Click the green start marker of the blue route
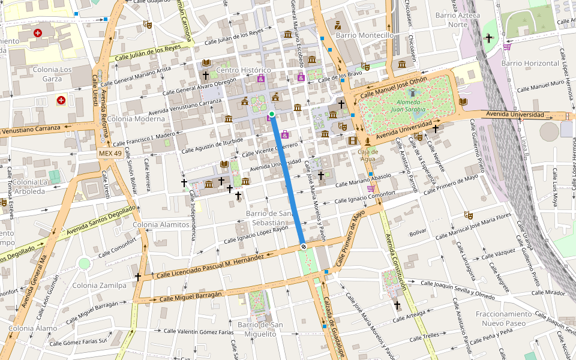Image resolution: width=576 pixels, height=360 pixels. point(272,114)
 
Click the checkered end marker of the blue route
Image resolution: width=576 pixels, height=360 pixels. point(304,246)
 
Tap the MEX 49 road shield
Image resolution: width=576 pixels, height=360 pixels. point(110,154)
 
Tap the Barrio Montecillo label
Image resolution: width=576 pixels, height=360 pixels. point(365,35)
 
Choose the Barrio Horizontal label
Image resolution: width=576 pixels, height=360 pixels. point(530,63)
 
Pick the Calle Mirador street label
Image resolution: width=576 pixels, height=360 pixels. point(546,293)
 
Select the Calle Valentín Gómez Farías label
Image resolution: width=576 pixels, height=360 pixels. point(198,331)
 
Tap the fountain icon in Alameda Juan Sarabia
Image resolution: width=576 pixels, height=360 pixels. point(412,92)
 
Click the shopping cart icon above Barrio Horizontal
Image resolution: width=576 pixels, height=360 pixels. point(508,47)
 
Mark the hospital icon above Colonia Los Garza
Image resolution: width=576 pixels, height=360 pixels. point(38,32)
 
